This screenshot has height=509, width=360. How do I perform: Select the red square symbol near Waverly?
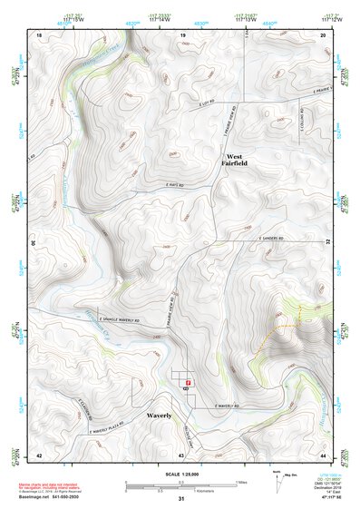pos(188,383)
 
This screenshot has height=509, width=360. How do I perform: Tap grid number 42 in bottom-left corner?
pos(38,454)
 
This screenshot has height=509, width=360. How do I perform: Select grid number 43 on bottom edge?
pos(181,454)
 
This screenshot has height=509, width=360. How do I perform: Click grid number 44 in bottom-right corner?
pos(323,454)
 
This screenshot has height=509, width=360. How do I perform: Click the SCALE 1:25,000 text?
pos(180,475)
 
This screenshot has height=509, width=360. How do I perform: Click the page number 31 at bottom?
pos(181,500)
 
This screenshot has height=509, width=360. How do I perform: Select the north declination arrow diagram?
pos(278,480)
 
